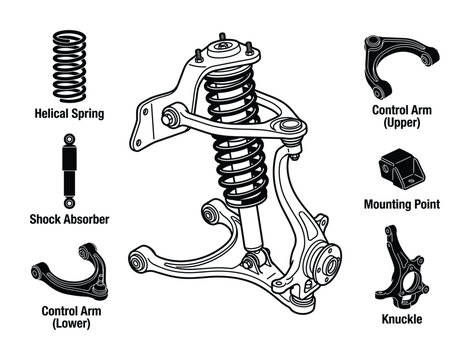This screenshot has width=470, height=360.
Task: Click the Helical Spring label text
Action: click(68, 113)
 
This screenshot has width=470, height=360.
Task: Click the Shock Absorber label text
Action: click(68, 218)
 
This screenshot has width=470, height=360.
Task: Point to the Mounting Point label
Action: click(400, 204)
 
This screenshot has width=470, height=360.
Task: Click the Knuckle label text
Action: click(401, 319)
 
